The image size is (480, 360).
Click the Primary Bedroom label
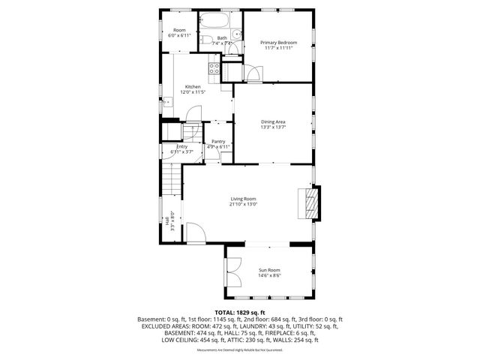coord(278,43)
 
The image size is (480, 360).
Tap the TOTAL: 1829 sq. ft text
coord(239,312)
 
